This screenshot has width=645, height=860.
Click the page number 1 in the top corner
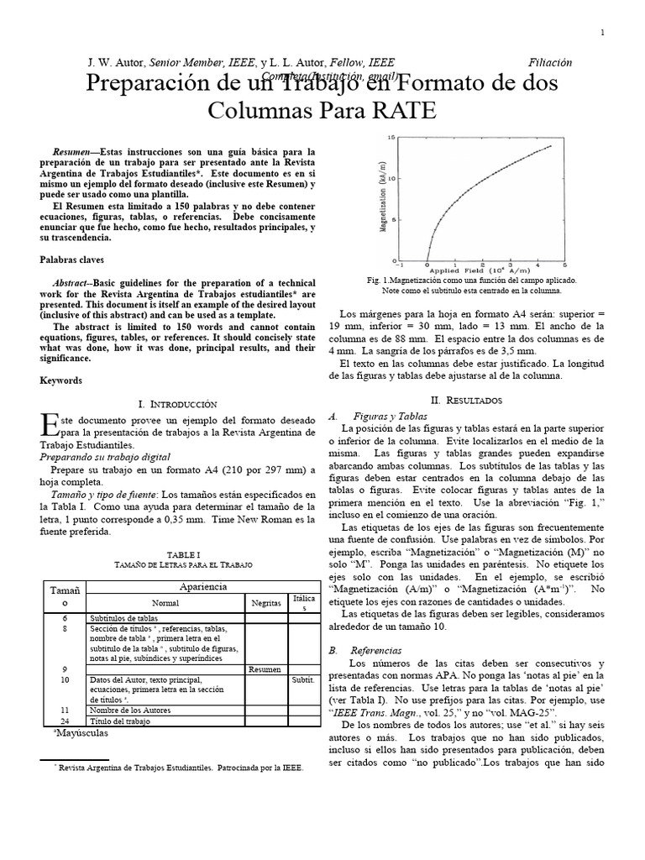coord(603,33)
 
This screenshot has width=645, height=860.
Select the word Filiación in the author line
coord(551,62)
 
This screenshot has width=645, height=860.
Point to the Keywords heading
coord(61,380)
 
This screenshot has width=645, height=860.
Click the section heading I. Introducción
coord(177,404)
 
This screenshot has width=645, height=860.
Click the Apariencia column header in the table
coord(200,587)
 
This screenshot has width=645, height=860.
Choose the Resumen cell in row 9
coord(265,669)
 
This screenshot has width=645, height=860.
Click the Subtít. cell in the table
coord(302,679)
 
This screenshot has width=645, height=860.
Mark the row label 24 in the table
coord(65,721)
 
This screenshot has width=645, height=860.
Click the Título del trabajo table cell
coord(120,721)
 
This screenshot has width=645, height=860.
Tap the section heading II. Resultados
coord(465,401)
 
